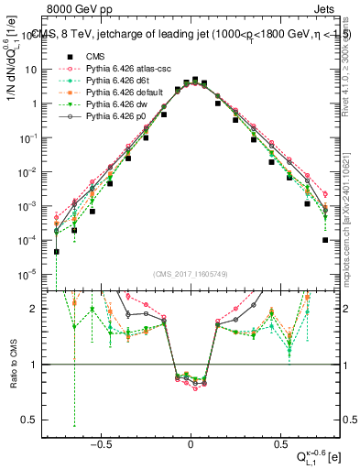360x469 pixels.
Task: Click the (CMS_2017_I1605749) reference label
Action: (x=191, y=274)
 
